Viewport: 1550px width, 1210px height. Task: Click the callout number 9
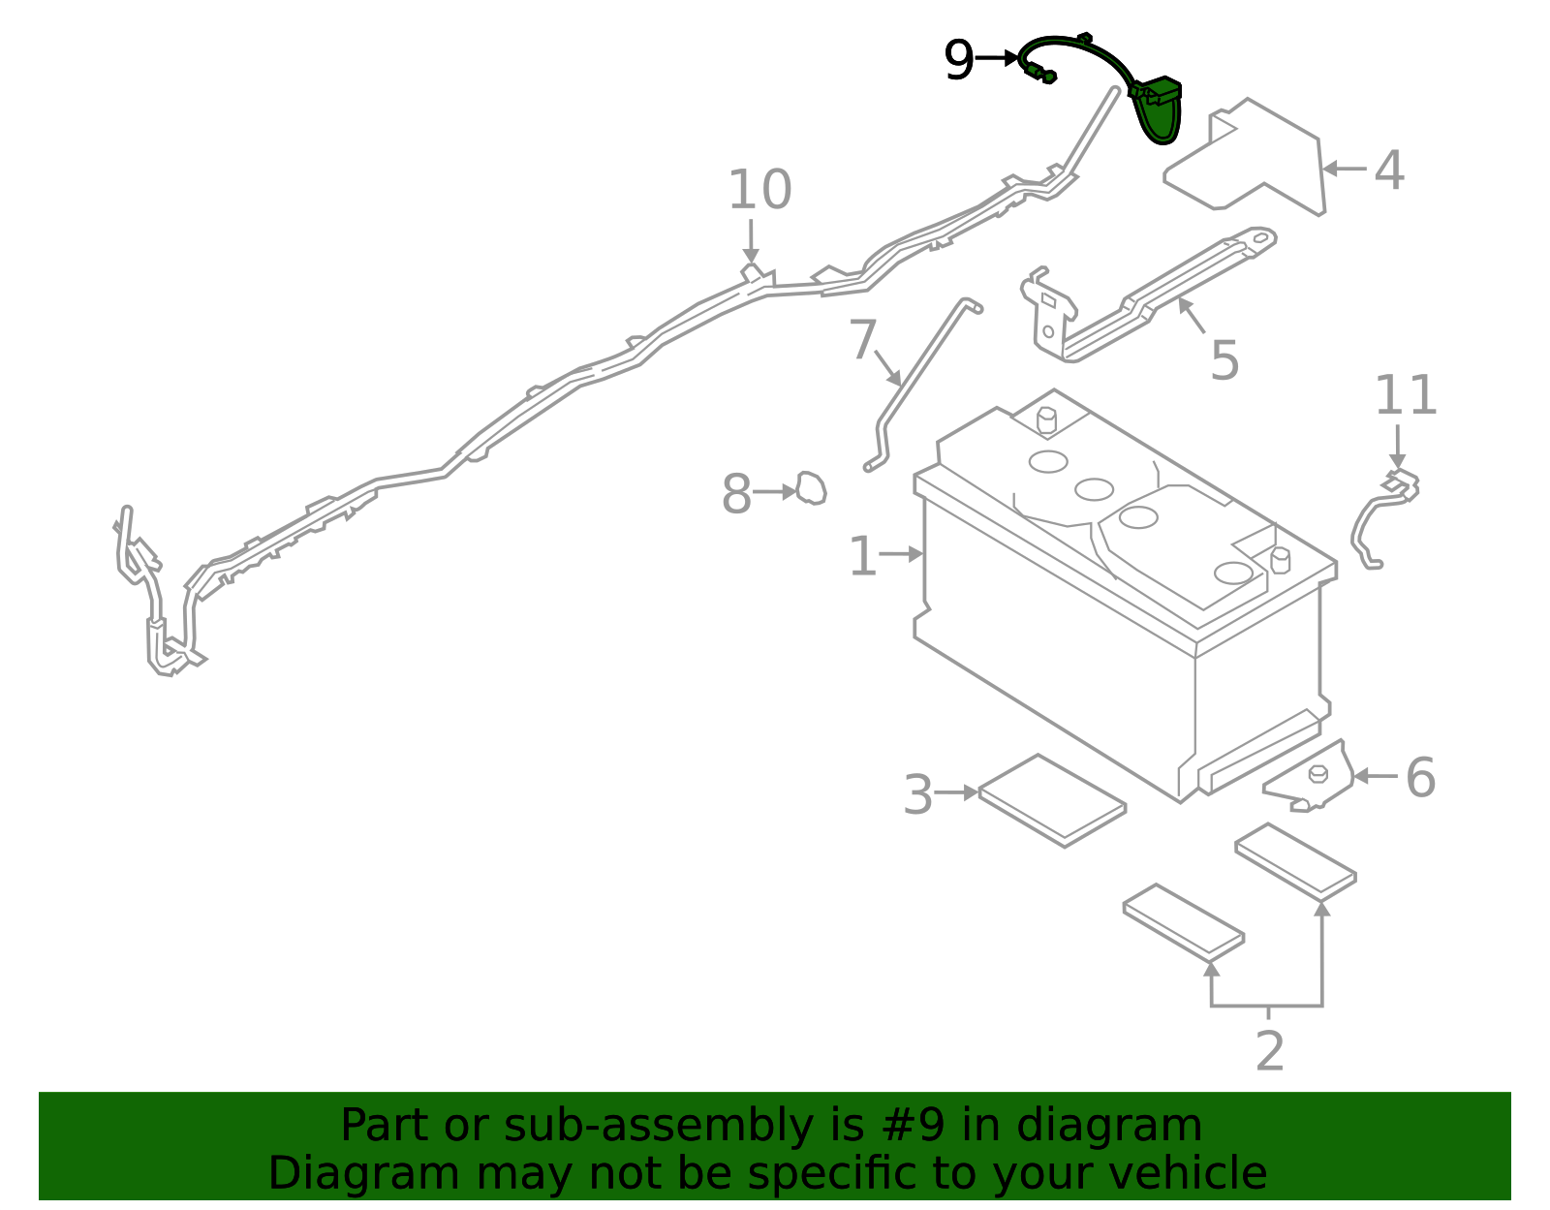pyautogui.click(x=958, y=60)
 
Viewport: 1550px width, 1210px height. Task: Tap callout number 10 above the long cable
pyautogui.click(x=759, y=190)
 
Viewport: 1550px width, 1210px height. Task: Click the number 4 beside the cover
pyautogui.click(x=1389, y=171)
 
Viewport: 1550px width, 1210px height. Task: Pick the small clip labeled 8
pyautogui.click(x=812, y=488)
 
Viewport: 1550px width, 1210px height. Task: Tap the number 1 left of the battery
pyautogui.click(x=861, y=557)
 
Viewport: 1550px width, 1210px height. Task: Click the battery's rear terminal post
pyautogui.click(x=1046, y=419)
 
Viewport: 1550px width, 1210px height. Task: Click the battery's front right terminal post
pyautogui.click(x=1280, y=560)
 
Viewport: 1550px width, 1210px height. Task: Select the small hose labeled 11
pyautogui.click(x=1371, y=523)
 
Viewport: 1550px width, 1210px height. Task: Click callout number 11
pyautogui.click(x=1406, y=396)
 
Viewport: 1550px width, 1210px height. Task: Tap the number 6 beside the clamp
pyautogui.click(x=1420, y=778)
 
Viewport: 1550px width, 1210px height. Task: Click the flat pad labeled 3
pyautogui.click(x=1052, y=800)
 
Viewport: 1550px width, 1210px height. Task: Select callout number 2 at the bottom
pyautogui.click(x=1269, y=1051)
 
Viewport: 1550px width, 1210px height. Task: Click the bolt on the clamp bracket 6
pyautogui.click(x=1317, y=773)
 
